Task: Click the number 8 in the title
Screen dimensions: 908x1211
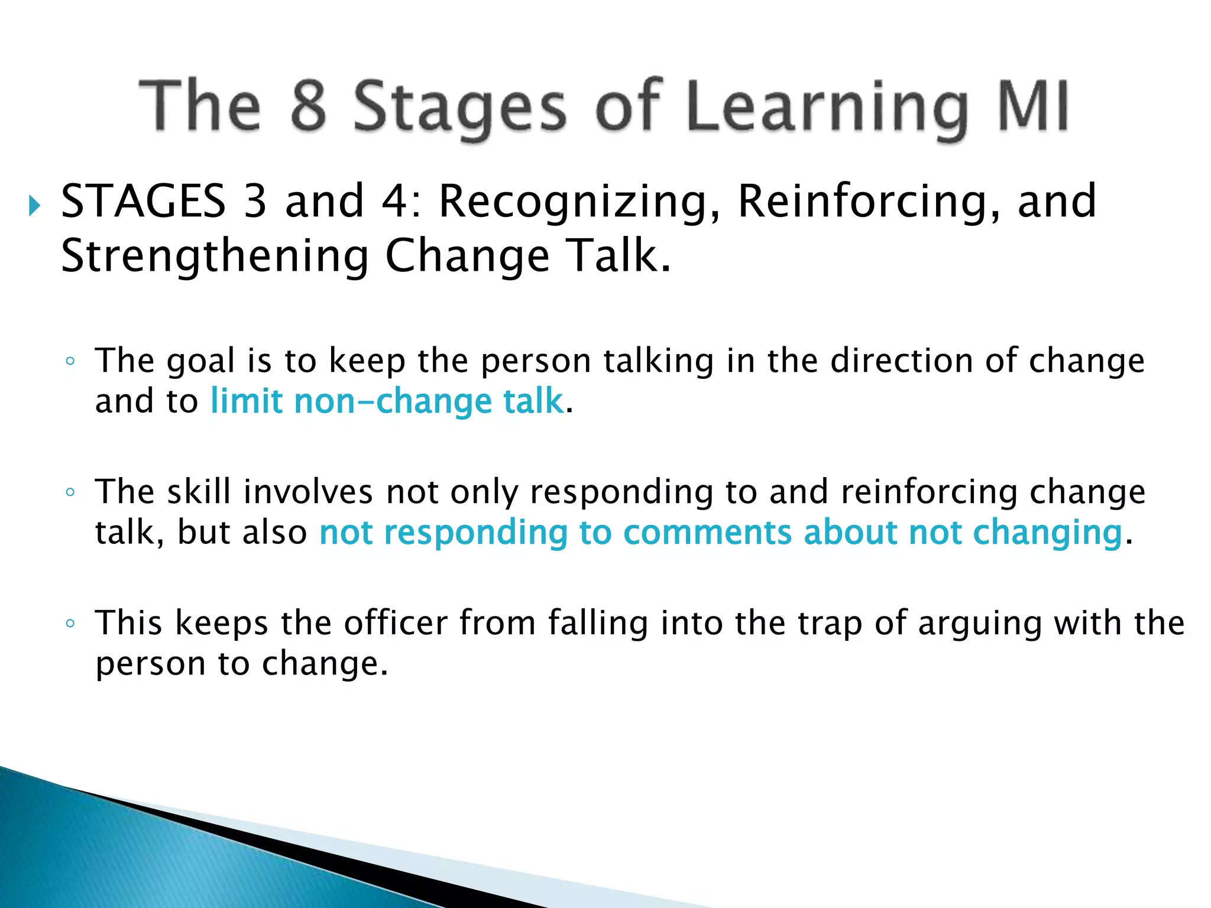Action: [308, 107]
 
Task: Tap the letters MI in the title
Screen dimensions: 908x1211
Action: [1033, 107]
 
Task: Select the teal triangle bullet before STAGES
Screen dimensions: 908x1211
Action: [34, 206]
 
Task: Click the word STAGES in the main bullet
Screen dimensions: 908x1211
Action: [143, 202]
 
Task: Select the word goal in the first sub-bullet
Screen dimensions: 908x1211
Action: [200, 362]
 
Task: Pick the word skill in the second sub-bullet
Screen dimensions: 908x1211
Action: [199, 492]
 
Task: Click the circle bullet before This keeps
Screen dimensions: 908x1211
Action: [70, 623]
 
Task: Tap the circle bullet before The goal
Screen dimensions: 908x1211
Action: [70, 361]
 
